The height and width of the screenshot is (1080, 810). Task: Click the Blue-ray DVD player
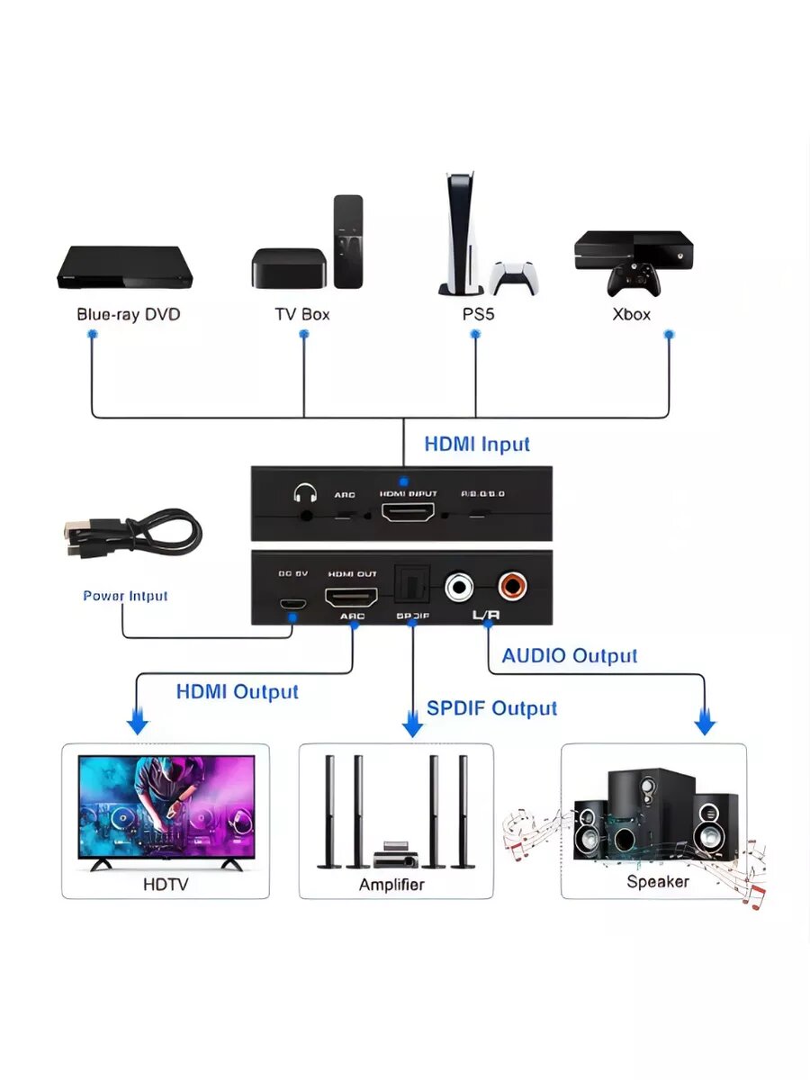tap(125, 268)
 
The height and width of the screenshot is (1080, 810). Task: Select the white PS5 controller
tap(514, 276)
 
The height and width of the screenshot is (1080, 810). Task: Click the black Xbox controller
tap(634, 282)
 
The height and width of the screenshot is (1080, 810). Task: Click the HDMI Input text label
tap(477, 444)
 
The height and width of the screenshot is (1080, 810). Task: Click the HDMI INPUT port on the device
tap(409, 514)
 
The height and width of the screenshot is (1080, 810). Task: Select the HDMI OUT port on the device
tap(350, 596)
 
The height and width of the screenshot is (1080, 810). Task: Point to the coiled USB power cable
tap(130, 535)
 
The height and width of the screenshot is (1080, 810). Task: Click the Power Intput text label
tap(125, 596)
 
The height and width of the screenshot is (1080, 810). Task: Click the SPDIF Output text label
tap(491, 708)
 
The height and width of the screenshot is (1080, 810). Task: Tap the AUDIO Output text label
tap(569, 656)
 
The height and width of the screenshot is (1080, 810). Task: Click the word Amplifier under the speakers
tap(391, 885)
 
